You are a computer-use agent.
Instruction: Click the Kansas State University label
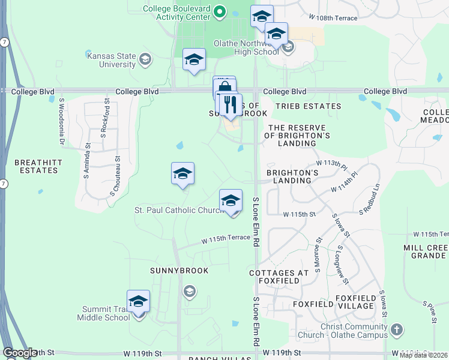tap(112, 60)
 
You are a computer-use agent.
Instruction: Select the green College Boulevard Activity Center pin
tap(220, 10)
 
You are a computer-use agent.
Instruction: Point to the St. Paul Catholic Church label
tap(179, 210)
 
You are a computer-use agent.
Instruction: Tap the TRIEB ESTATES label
tap(308, 106)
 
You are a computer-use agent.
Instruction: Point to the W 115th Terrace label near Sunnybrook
tap(226, 238)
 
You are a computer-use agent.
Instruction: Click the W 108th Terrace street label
tap(333, 19)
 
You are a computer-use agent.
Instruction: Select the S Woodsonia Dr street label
tap(61, 122)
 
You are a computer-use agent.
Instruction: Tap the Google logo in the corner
tap(20, 353)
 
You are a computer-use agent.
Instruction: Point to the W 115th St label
tap(299, 214)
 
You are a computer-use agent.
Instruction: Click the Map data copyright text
tap(423, 355)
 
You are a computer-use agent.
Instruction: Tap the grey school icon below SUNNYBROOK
tap(190, 292)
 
